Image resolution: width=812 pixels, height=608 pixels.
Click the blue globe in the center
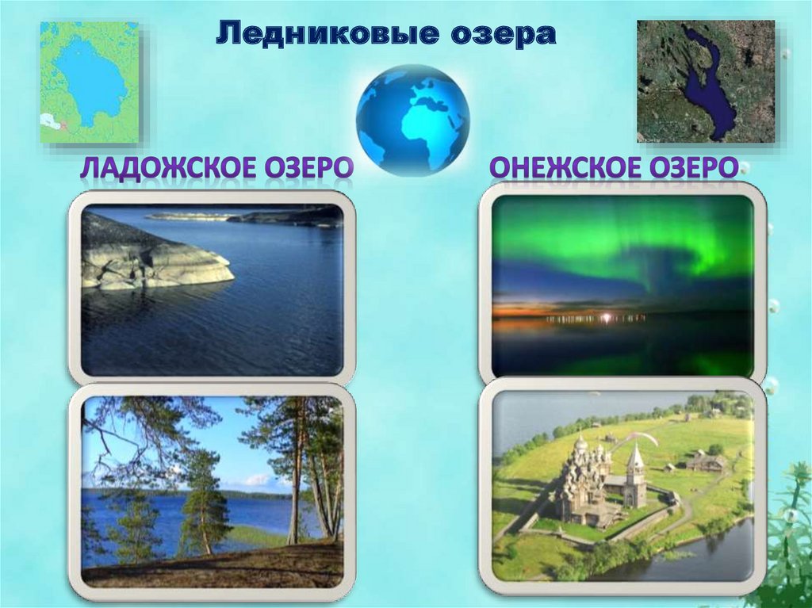pos(412,119)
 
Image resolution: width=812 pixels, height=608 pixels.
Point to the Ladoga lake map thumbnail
pos(90,82)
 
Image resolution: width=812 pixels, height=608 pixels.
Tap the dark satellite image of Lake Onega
pos(705,82)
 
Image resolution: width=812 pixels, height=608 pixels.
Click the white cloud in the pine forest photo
pos(259,480)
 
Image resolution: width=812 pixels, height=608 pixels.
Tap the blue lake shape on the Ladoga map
pos(91,75)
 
